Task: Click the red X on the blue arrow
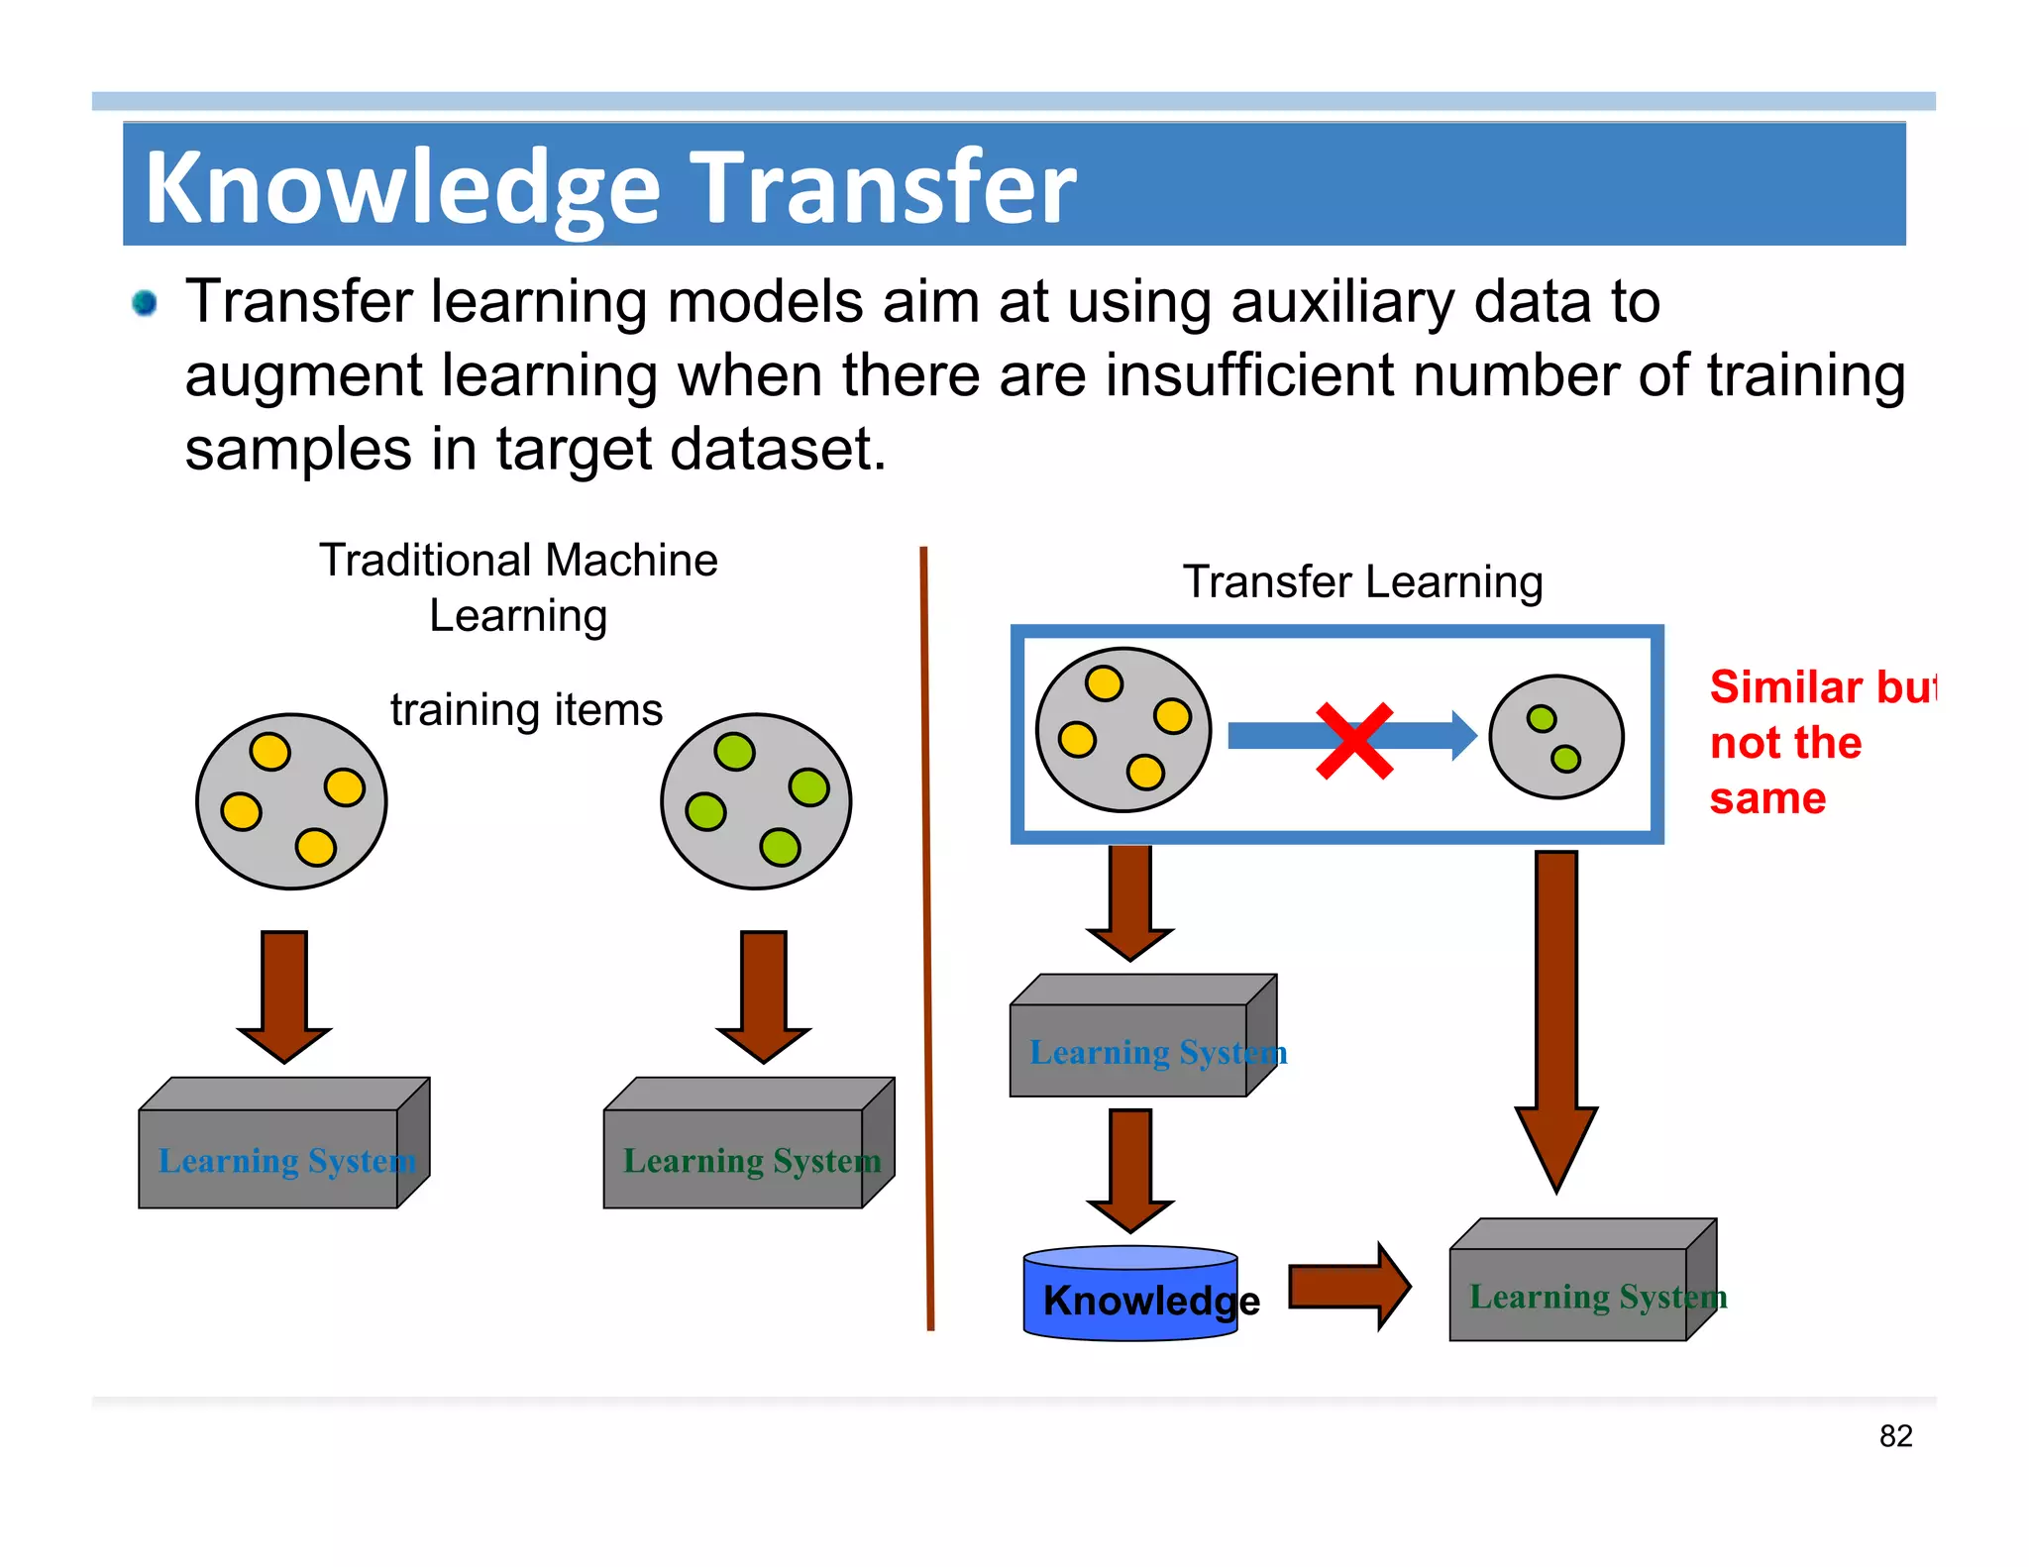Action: pyautogui.click(x=1354, y=740)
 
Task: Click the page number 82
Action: pyautogui.click(x=1895, y=1435)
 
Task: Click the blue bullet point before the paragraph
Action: pyautogui.click(x=145, y=302)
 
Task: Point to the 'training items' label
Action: pyautogui.click(x=526, y=710)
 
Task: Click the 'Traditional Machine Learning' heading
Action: pyautogui.click(x=518, y=586)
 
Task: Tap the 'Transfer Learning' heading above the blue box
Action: pyautogui.click(x=1363, y=581)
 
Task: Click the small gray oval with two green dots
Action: pyautogui.click(x=1556, y=737)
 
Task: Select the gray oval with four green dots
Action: pyautogui.click(x=756, y=801)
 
